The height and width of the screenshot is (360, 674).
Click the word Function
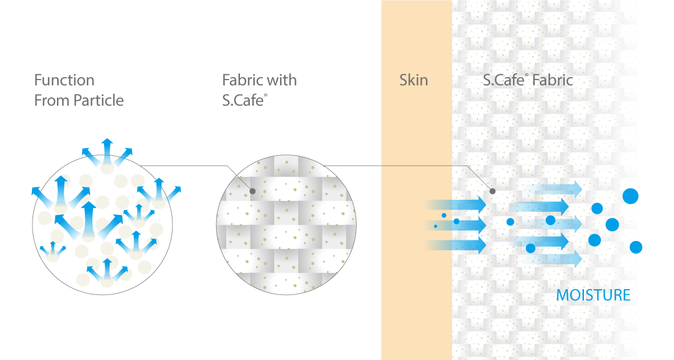(x=64, y=80)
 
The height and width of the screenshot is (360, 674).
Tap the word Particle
(x=99, y=100)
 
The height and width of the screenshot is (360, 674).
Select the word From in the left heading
(x=52, y=100)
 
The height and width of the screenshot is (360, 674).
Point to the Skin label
(x=414, y=80)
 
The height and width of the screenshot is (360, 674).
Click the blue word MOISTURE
(x=593, y=295)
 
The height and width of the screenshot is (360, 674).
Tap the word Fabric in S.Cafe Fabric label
(x=553, y=80)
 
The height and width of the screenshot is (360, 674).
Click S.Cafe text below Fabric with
(x=242, y=100)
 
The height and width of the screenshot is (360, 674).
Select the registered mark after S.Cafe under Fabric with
(x=266, y=95)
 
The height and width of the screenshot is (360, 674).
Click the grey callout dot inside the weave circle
(x=253, y=191)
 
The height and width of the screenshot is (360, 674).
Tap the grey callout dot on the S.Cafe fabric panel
(x=493, y=191)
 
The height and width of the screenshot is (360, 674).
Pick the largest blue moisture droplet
(x=630, y=196)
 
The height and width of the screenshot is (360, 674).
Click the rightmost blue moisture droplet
(x=636, y=247)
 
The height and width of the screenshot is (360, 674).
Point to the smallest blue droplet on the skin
(x=435, y=226)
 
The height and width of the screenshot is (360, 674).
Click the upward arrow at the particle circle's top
(x=107, y=152)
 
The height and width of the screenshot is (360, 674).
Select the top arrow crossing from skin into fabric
(x=456, y=204)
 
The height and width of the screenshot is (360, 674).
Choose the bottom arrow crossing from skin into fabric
(x=456, y=245)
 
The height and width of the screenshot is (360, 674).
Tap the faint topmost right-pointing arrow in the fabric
(x=553, y=189)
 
